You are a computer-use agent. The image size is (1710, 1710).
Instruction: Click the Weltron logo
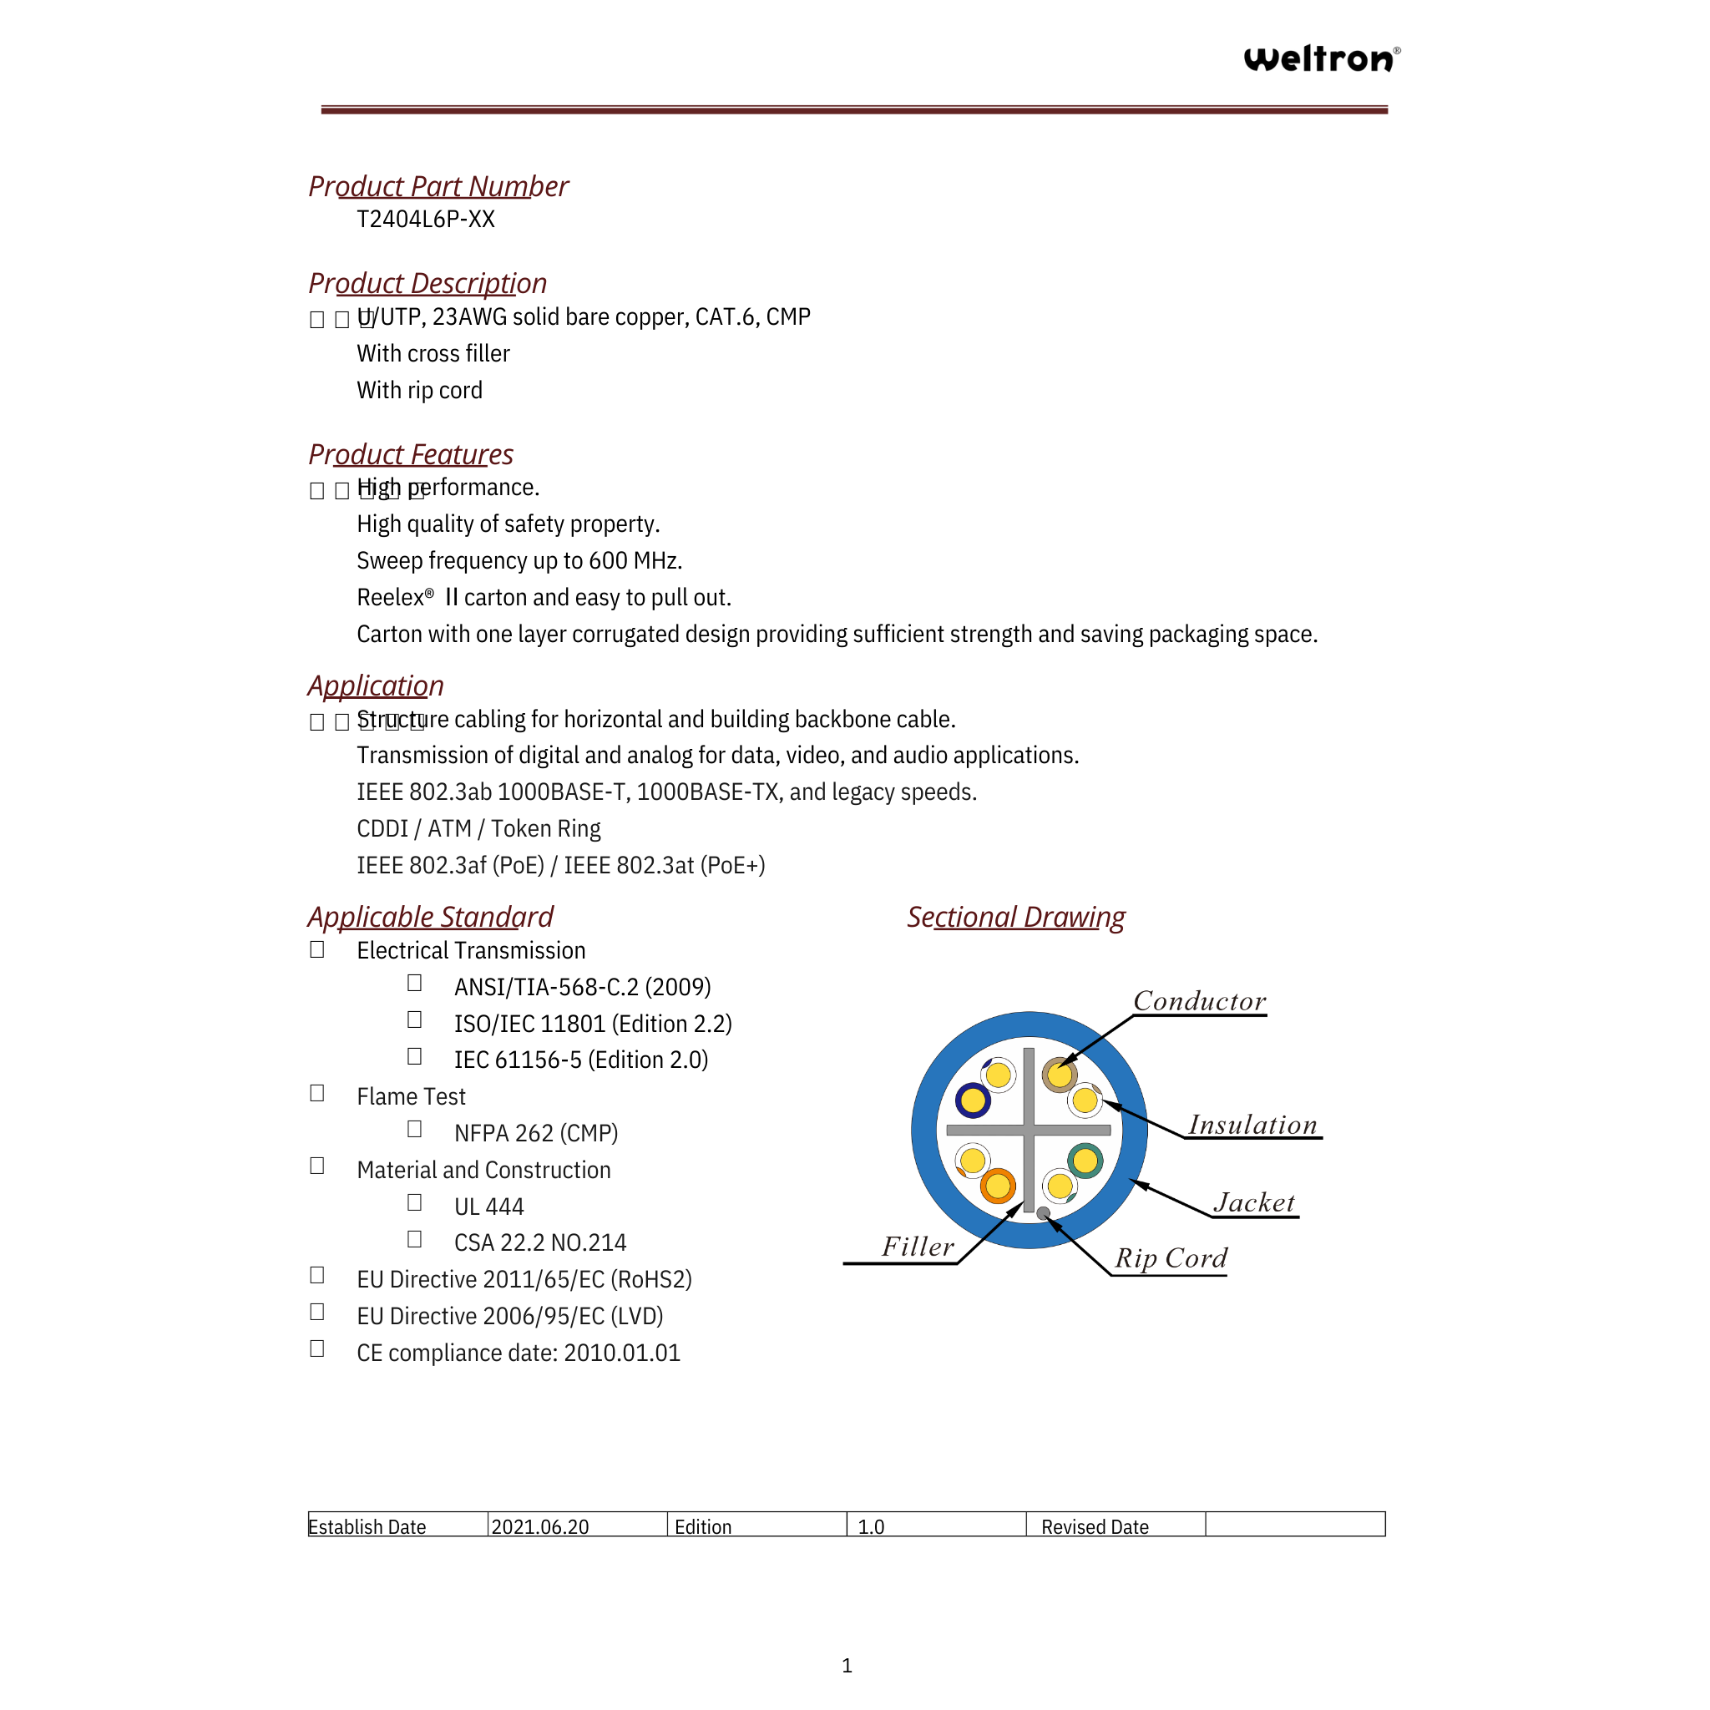tap(1321, 58)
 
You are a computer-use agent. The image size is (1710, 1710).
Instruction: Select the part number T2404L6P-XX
tap(426, 220)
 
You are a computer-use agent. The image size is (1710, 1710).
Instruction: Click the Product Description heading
tap(427, 283)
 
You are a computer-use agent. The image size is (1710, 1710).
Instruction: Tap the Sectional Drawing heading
tap(1016, 917)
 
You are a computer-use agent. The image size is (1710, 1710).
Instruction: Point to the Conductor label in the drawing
tap(1199, 1001)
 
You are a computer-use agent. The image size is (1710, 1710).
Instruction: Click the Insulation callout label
tap(1252, 1125)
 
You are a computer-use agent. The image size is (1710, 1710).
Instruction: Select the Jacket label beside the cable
tap(1254, 1203)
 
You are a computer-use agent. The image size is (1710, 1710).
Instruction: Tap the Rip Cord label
tap(1171, 1258)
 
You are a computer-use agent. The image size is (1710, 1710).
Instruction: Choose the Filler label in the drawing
tap(918, 1247)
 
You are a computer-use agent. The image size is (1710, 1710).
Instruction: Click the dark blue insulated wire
tap(973, 1101)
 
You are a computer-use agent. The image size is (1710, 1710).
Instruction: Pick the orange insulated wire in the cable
tap(998, 1186)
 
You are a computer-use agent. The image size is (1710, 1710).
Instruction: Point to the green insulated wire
tap(1085, 1161)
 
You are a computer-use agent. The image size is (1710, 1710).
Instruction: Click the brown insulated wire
tap(1060, 1075)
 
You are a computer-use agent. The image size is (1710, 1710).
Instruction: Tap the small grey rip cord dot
tap(1044, 1213)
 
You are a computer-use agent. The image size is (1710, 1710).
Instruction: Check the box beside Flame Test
tap(316, 1094)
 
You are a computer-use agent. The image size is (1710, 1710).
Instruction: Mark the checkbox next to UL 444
tap(414, 1203)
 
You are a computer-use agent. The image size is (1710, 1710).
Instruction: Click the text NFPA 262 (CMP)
tap(535, 1134)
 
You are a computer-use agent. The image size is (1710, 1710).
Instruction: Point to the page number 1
tap(847, 1666)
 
